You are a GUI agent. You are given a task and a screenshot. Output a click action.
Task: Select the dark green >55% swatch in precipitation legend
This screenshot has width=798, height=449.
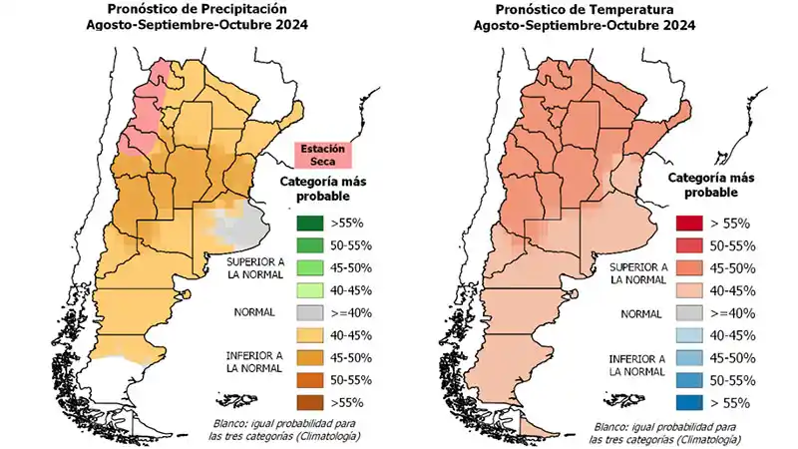pyautogui.click(x=308, y=224)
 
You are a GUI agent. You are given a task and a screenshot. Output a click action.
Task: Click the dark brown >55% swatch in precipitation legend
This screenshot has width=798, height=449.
pyautogui.click(x=308, y=403)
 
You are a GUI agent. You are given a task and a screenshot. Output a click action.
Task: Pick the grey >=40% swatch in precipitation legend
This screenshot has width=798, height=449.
pyautogui.click(x=308, y=313)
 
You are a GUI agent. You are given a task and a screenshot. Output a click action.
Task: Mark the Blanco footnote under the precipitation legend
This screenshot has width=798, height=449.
pyautogui.click(x=287, y=430)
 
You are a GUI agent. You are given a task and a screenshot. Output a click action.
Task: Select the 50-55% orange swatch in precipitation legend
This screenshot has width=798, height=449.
pyautogui.click(x=308, y=380)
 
